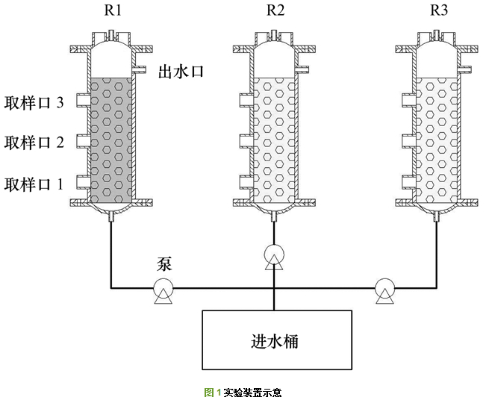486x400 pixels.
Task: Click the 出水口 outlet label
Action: tap(181, 72)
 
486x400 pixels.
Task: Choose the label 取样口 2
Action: tap(34, 143)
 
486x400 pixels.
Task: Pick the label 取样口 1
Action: tap(34, 183)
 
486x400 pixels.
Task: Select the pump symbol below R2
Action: tap(274, 257)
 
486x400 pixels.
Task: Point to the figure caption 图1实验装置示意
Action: tap(243, 392)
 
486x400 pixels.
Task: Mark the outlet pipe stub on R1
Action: tap(143, 71)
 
